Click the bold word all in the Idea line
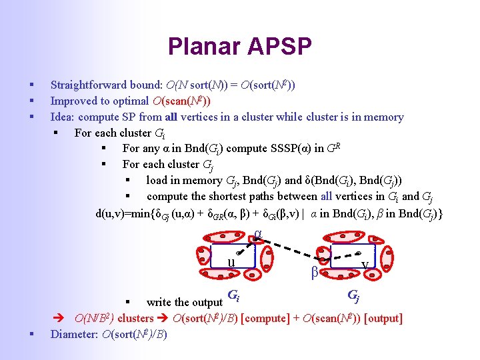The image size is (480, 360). tap(171, 117)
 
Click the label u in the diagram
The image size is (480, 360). tap(231, 261)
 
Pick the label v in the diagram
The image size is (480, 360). tap(364, 265)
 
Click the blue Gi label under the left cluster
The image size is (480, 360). tap(233, 295)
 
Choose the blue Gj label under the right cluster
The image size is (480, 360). tap(354, 295)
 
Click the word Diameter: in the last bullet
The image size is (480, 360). tap(75, 334)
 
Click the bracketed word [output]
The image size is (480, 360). tap(381, 318)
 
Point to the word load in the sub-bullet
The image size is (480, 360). tap(157, 180)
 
